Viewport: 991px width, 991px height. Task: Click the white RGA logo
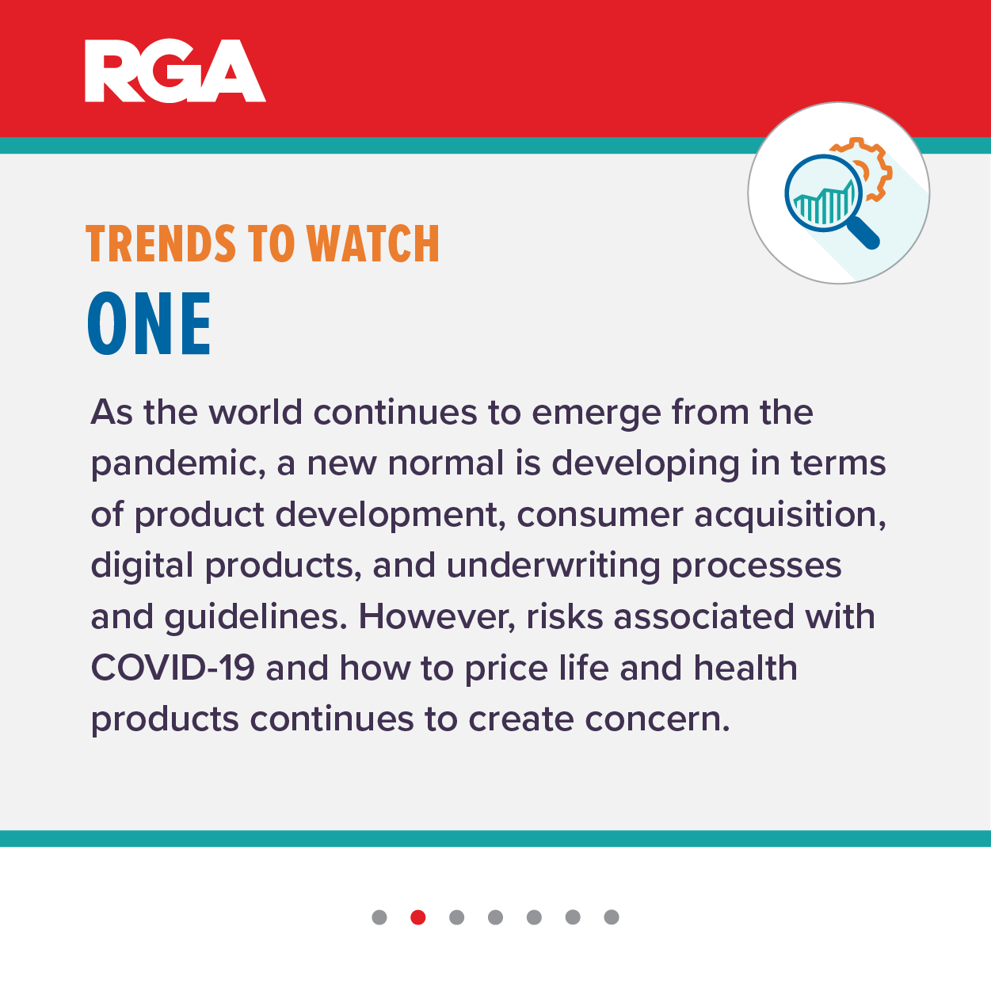pyautogui.click(x=175, y=71)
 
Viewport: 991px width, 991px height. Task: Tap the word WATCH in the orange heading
pyautogui.click(x=373, y=244)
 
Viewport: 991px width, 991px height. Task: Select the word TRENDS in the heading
pyautogui.click(x=161, y=244)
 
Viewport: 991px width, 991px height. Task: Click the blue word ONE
pyautogui.click(x=149, y=323)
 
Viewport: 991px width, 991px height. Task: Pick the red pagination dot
pyautogui.click(x=418, y=917)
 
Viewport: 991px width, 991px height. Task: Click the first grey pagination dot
pyautogui.click(x=379, y=917)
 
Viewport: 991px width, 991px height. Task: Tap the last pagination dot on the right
pyautogui.click(x=612, y=917)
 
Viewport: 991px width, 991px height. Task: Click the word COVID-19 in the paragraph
pyautogui.click(x=173, y=668)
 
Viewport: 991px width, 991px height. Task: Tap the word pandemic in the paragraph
pyautogui.click(x=178, y=464)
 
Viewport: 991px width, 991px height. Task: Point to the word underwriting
pyautogui.click(x=554, y=566)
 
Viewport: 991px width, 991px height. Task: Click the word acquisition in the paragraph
pyautogui.click(x=791, y=515)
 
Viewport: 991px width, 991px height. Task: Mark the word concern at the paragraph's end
pyautogui.click(x=657, y=720)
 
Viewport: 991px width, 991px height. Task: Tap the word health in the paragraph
pyautogui.click(x=745, y=668)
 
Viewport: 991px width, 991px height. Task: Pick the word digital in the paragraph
pyautogui.click(x=142, y=566)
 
